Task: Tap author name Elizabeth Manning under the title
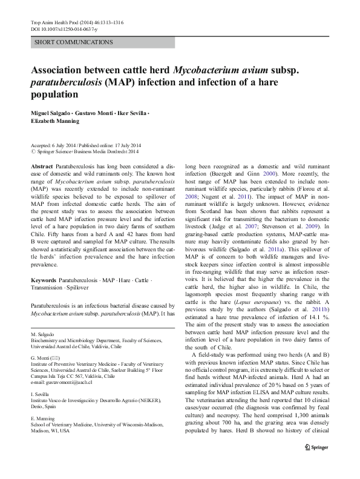pyautogui.click(x=57, y=122)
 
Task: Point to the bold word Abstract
pyautogui.click(x=41, y=165)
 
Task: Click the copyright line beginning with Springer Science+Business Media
pyautogui.click(x=85, y=153)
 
